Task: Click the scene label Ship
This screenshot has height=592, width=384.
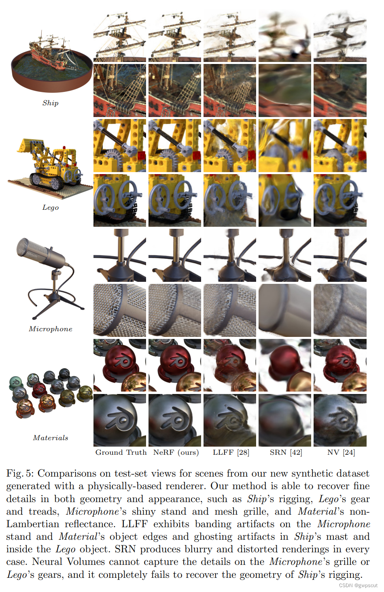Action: coord(51,103)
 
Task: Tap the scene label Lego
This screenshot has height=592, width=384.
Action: coord(51,207)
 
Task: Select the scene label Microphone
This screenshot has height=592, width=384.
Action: coord(51,329)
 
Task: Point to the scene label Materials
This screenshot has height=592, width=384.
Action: coord(51,438)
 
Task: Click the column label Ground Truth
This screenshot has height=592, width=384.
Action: coord(121,452)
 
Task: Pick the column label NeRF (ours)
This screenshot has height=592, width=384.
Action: coord(176,452)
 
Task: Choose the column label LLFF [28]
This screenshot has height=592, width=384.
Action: coord(231,452)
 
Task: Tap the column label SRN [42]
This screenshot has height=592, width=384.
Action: coord(286,452)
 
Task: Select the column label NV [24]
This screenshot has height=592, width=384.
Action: coord(341,452)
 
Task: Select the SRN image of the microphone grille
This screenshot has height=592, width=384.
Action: coord(285,310)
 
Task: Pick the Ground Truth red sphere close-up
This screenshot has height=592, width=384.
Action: coord(120,365)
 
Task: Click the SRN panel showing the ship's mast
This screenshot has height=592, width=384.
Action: coord(285,36)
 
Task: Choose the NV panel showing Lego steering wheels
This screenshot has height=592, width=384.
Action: coord(340,200)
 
